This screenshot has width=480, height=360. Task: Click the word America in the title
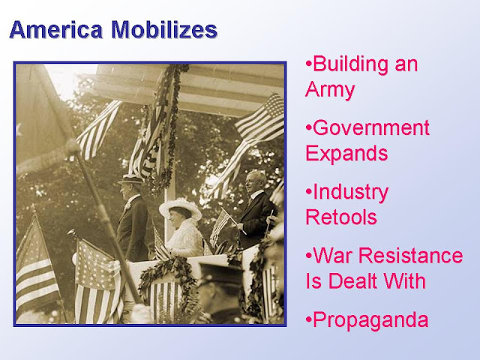tap(56, 30)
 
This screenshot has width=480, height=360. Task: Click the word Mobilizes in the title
tap(164, 30)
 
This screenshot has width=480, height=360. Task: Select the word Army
tap(330, 90)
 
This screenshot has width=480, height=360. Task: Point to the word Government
tap(371, 128)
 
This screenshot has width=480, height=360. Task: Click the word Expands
tap(346, 153)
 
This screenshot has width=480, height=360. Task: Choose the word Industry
tap(350, 192)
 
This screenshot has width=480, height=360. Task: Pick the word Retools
tap(341, 217)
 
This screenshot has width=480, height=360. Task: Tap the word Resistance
tap(410, 256)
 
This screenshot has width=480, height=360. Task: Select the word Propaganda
tap(370, 320)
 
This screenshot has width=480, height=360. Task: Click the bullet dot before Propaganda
tap(308, 320)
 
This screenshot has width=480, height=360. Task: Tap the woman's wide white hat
tap(181, 208)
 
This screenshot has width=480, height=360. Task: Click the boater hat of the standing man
tap(130, 178)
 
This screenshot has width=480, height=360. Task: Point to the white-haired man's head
tap(256, 181)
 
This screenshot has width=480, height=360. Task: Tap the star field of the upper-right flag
tap(272, 106)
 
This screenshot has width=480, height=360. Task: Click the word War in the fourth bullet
tap(332, 256)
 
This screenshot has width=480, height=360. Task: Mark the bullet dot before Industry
tap(308, 192)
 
